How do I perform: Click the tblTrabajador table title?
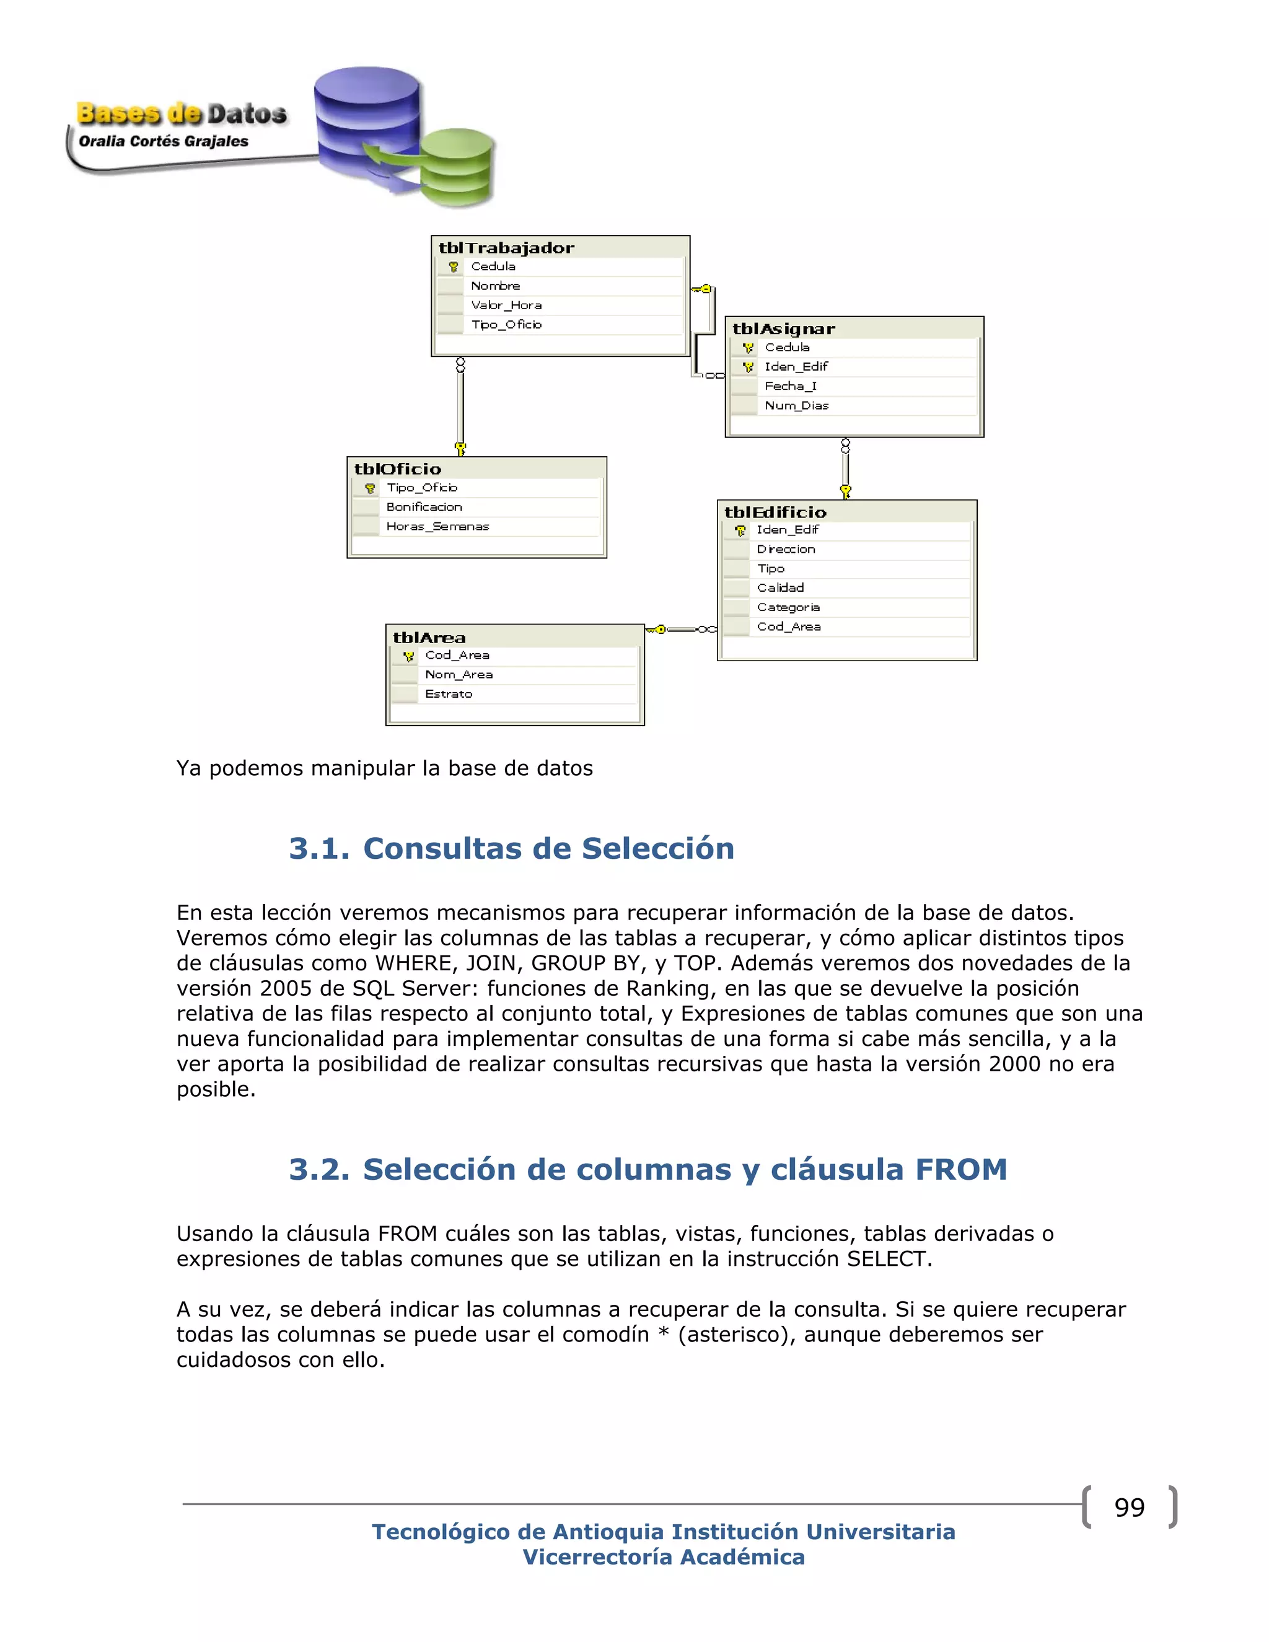506,248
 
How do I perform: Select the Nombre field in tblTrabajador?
496,286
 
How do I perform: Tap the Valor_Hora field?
506,305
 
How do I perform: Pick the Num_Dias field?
796,406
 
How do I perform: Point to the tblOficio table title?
398,469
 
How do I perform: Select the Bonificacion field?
424,507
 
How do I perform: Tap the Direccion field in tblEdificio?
786,550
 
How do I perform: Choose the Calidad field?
780,588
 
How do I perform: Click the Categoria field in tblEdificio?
788,607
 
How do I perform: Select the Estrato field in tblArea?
449,694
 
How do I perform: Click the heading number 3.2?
318,1170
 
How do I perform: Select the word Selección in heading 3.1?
658,849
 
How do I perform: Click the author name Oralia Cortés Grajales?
163,141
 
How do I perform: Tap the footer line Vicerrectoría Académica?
663,1557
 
